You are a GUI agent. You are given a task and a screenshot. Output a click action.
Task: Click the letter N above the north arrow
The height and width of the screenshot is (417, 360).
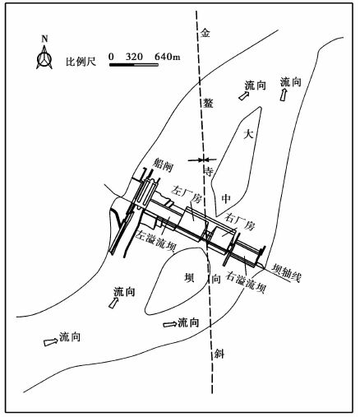(44, 39)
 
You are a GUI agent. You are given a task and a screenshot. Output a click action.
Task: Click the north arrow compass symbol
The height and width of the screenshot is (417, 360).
(44, 58)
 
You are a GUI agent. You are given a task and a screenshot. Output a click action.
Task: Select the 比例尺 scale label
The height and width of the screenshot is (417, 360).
(81, 62)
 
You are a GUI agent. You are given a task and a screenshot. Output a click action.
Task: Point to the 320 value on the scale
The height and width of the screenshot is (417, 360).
(134, 57)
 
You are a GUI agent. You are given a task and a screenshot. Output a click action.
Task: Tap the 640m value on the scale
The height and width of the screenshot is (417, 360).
(168, 57)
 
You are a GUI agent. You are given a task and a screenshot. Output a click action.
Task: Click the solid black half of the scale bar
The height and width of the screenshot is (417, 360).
(122, 65)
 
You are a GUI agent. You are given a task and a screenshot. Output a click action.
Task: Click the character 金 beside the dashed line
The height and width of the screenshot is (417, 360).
(205, 33)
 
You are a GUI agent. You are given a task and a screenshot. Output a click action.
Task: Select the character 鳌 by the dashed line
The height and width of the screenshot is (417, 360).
(208, 103)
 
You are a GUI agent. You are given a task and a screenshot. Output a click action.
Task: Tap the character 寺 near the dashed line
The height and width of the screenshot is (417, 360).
(209, 171)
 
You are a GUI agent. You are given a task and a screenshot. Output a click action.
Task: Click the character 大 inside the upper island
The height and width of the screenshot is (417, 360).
(249, 134)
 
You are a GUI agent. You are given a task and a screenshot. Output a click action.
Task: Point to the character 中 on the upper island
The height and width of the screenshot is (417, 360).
(226, 198)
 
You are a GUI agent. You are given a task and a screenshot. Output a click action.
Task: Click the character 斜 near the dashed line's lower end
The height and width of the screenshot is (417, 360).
(219, 354)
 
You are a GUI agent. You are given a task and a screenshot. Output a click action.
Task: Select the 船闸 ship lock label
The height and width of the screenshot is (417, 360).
(163, 165)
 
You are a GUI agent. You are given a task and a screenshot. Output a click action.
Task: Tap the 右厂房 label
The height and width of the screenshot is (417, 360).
(240, 222)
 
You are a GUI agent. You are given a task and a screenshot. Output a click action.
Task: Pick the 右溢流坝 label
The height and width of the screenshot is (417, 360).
(246, 282)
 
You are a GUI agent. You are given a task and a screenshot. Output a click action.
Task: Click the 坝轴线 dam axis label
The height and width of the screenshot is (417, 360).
(286, 273)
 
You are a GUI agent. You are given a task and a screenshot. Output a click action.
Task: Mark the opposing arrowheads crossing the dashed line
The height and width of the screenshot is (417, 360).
(202, 159)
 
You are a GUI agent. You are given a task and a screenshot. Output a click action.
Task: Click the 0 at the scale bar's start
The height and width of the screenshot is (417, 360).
(111, 57)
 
